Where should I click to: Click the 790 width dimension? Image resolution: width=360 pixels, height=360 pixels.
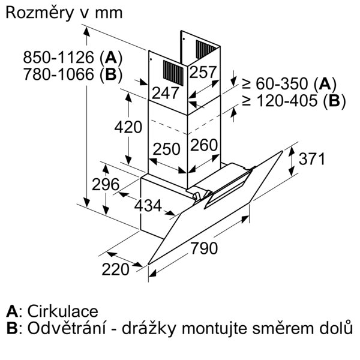coord(204,248)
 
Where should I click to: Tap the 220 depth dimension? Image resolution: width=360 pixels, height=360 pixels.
coord(115,269)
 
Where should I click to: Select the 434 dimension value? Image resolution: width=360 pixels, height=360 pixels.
coord(148,205)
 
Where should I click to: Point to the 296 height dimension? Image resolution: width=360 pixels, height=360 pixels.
coord(106,184)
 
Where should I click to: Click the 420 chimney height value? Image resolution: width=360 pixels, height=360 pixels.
coord(128,127)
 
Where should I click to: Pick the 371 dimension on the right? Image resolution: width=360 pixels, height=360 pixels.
coord(312,158)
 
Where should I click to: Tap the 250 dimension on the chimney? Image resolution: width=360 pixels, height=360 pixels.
coord(166,149)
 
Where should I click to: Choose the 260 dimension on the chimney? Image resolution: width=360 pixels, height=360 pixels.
coord(204,145)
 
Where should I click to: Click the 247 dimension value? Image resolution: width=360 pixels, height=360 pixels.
coord(166,93)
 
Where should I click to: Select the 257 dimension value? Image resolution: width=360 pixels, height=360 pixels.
coord(203,72)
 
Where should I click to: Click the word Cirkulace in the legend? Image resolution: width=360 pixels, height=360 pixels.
coord(63,311)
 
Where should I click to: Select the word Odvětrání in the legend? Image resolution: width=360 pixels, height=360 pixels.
coord(67,328)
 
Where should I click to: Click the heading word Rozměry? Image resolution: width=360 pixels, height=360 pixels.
coord(39,13)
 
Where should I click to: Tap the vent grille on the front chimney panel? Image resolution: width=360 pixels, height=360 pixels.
coord(173,73)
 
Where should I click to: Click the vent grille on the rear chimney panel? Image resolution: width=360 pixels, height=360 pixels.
coord(205,49)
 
